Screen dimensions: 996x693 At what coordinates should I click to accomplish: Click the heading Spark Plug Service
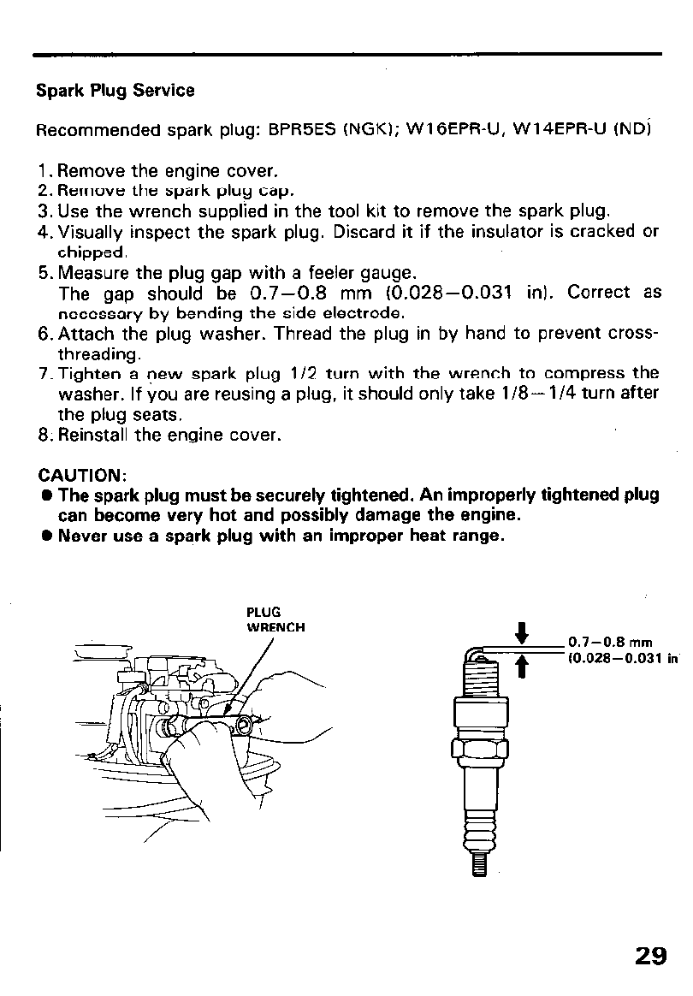(x=115, y=91)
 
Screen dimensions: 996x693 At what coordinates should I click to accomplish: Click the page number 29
(x=651, y=956)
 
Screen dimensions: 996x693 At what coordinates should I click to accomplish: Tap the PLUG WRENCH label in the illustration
(x=275, y=620)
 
